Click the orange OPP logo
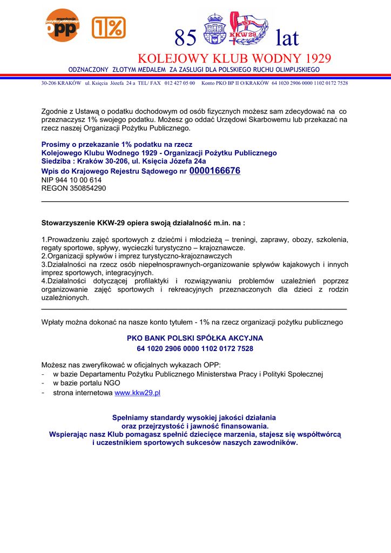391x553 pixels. pyautogui.click(x=62, y=25)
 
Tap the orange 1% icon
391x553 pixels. pyautogui.click(x=109, y=28)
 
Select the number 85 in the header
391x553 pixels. pyautogui.click(x=186, y=38)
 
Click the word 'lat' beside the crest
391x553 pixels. pyautogui.click(x=286, y=38)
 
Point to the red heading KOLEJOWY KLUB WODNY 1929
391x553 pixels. pyautogui.click(x=234, y=58)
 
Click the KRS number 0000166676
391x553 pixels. pyautogui.click(x=215, y=171)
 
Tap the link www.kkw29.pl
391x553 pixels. pyautogui.click(x=138, y=393)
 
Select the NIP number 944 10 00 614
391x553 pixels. pyautogui.click(x=71, y=180)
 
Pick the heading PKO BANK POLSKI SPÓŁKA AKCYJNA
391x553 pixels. pyautogui.click(x=195, y=338)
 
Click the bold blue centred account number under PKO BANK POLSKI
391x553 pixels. pyautogui.click(x=195, y=349)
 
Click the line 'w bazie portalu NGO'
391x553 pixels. pyautogui.click(x=86, y=383)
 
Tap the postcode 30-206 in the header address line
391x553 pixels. pyautogui.click(x=50, y=83)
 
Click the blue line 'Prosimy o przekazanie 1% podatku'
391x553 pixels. pyautogui.click(x=117, y=145)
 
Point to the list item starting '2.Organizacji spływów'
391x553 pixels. pyautogui.click(x=137, y=256)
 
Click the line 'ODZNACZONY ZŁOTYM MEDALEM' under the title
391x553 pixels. pyautogui.click(x=194, y=70)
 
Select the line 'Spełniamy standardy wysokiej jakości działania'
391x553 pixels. pyautogui.click(x=194, y=417)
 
